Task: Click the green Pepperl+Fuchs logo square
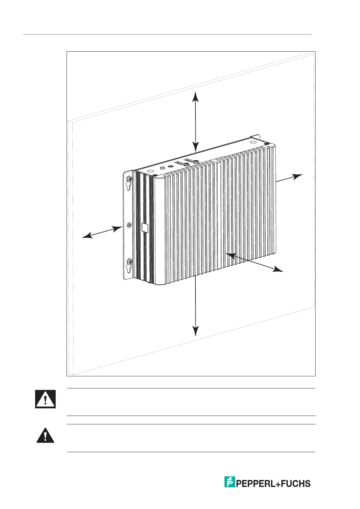click(230, 482)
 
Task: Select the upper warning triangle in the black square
click(45, 399)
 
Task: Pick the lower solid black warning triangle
click(45, 436)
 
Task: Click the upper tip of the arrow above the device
click(196, 92)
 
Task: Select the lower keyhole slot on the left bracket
click(129, 268)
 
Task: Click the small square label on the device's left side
click(145, 228)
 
